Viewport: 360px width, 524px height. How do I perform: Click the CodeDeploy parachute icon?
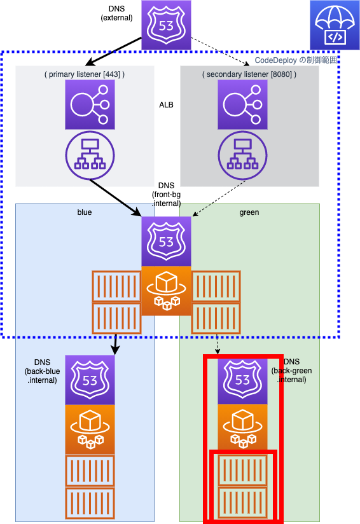pyautogui.click(x=335, y=25)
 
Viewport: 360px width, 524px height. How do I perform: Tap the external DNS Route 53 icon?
pyautogui.click(x=166, y=25)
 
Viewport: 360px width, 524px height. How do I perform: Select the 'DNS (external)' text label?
pyautogui.click(x=116, y=13)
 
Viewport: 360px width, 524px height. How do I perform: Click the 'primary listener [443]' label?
pyautogui.click(x=85, y=74)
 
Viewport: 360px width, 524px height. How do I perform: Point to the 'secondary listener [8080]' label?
pyautogui.click(x=249, y=74)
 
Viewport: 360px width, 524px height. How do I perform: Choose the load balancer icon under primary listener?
pyautogui.click(x=90, y=104)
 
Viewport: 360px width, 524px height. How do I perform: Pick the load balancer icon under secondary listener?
pyautogui.click(x=243, y=104)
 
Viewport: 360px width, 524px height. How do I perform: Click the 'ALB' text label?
pyautogui.click(x=166, y=105)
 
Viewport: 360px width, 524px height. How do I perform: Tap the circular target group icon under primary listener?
pyautogui.click(x=90, y=155)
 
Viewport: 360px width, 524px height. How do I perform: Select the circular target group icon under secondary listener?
pyautogui.click(x=243, y=155)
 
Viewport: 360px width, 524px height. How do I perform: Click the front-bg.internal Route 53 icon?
pyautogui.click(x=166, y=241)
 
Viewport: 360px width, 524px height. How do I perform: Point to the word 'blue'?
pyautogui.click(x=85, y=212)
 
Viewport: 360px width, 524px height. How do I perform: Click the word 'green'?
pyautogui.click(x=249, y=212)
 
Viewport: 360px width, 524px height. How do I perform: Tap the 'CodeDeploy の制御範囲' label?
pyautogui.click(x=296, y=60)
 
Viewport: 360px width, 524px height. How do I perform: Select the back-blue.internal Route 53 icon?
pyautogui.click(x=90, y=380)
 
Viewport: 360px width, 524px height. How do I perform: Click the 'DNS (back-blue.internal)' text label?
pyautogui.click(x=42, y=371)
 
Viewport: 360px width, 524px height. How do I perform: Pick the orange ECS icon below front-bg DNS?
pyautogui.click(x=166, y=291)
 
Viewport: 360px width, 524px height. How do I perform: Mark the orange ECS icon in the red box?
pyautogui.click(x=243, y=427)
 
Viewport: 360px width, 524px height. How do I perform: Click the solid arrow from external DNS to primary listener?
pyautogui.click(x=113, y=52)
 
